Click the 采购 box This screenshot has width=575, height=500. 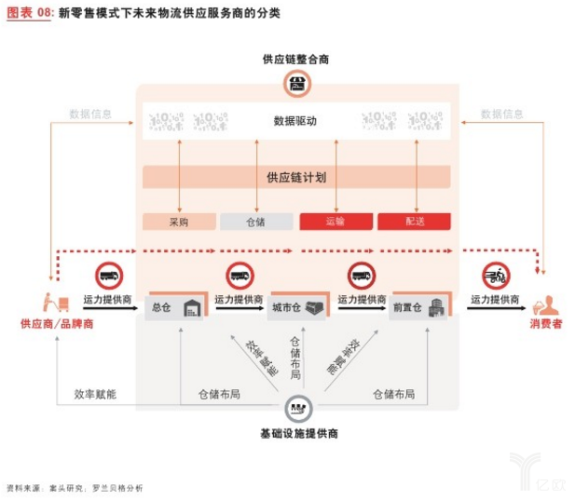[x=179, y=222]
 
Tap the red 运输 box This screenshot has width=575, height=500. [x=335, y=222]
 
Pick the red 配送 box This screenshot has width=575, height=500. [x=414, y=222]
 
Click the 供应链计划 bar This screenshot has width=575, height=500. [x=295, y=177]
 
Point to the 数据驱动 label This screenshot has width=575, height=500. [x=295, y=121]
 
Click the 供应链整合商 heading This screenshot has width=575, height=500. [x=295, y=60]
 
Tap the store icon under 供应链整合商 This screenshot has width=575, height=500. [x=295, y=86]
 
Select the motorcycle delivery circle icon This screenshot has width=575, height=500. [x=497, y=275]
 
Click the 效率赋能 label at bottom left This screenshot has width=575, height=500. [x=95, y=394]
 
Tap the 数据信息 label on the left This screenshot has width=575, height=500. [x=90, y=114]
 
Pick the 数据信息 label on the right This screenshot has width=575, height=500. [x=502, y=114]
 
